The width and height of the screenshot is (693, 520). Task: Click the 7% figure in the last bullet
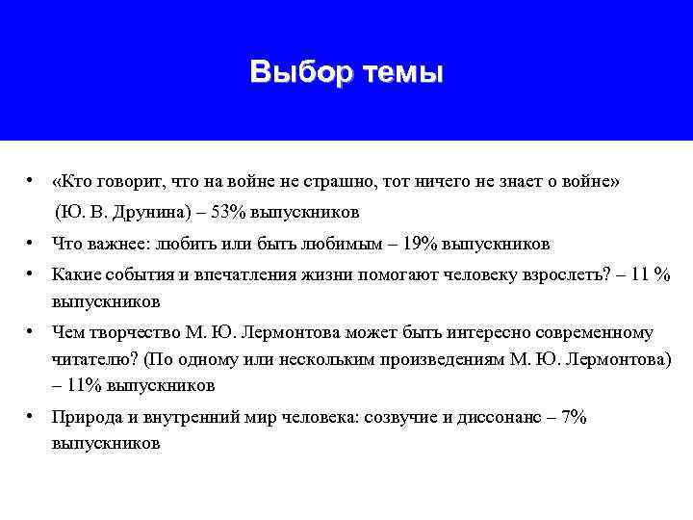tap(575, 416)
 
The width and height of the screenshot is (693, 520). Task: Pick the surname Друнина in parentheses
tap(156, 211)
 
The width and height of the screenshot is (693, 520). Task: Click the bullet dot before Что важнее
tap(33, 243)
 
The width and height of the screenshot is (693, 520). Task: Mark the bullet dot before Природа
tap(33, 416)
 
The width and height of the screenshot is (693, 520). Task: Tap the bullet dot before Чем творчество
tap(33, 333)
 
